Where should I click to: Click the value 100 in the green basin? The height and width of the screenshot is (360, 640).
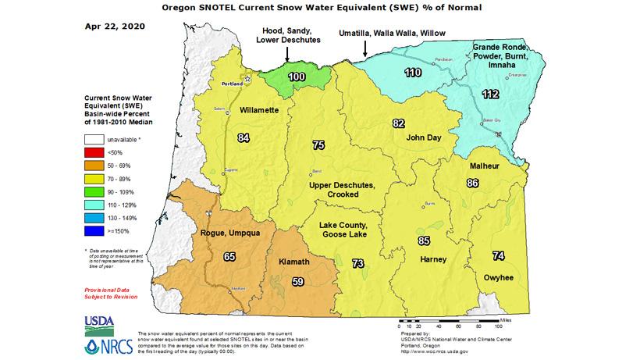(297, 77)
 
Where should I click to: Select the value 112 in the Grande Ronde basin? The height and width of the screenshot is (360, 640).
(489, 94)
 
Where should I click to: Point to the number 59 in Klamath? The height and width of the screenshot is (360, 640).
(297, 281)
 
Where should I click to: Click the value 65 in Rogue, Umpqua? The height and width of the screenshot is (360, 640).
(229, 255)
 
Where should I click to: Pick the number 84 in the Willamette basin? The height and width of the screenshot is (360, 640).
(244, 138)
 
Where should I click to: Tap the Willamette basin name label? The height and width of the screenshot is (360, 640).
(259, 111)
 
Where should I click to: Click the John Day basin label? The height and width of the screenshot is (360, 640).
(425, 137)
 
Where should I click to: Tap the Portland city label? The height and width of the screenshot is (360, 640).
(231, 82)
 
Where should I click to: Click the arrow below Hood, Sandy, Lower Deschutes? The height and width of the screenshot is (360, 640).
(287, 54)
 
